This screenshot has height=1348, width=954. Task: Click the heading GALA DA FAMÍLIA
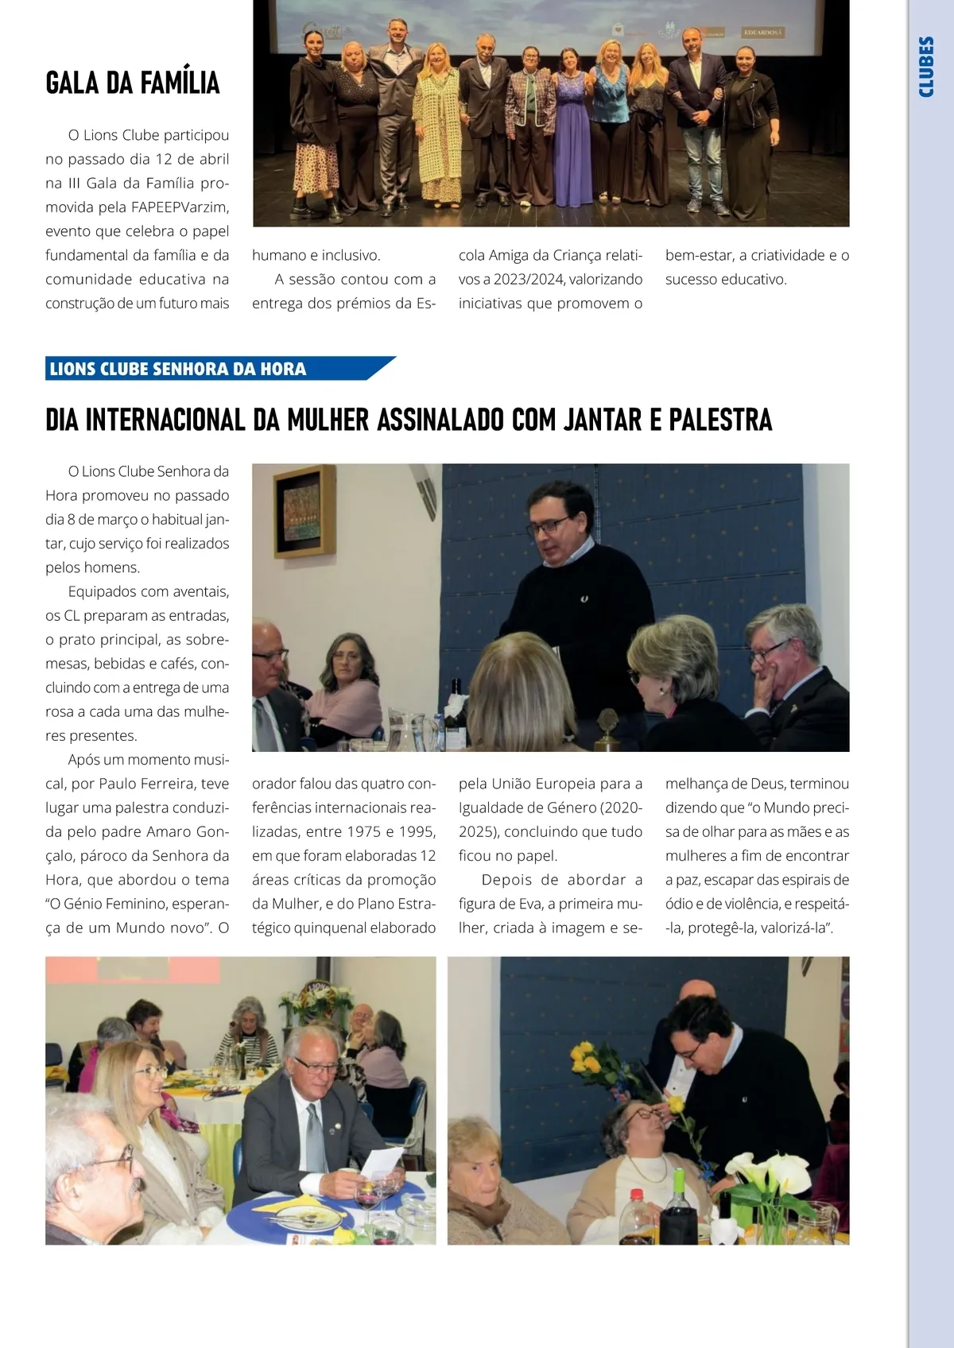pyautogui.click(x=133, y=83)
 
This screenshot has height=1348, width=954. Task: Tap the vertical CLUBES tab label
pyautogui.click(x=926, y=67)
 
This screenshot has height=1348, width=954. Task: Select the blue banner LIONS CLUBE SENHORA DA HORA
pyautogui.click(x=178, y=369)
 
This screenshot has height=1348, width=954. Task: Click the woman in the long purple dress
pyautogui.click(x=572, y=135)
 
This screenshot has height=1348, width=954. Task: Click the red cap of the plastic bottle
pyautogui.click(x=636, y=1194)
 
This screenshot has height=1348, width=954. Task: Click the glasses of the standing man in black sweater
pyautogui.click(x=549, y=525)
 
